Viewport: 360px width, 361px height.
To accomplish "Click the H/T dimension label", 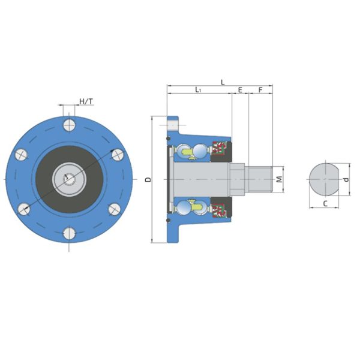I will pos(86,101).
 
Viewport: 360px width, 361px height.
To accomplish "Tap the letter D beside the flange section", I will pos(147,179).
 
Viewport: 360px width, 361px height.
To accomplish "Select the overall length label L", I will pos(223,82).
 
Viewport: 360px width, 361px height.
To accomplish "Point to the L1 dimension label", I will pos(198,90).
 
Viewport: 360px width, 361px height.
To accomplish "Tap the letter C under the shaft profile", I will pos(325,203).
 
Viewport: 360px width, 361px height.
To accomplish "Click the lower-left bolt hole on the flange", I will pos(23,208).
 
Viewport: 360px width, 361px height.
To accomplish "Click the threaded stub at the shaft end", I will pos(260,179).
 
